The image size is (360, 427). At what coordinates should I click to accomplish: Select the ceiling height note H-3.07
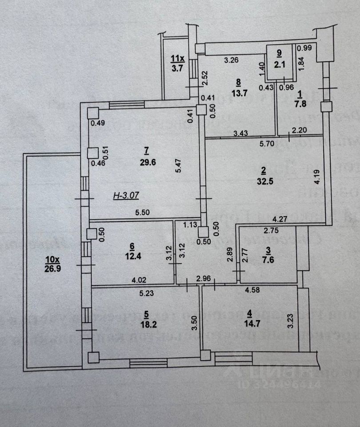(126, 196)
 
